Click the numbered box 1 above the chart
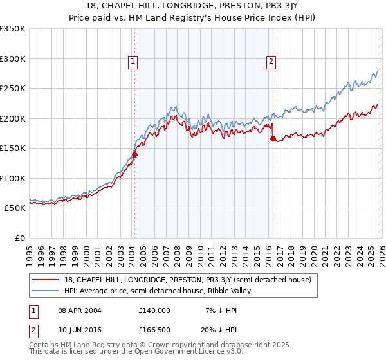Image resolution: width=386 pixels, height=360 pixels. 133,62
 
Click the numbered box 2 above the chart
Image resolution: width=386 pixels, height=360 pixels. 271,62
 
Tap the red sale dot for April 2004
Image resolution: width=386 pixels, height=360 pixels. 134,154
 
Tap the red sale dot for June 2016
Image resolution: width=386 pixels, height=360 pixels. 273,138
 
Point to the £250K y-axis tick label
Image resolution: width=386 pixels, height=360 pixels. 12,89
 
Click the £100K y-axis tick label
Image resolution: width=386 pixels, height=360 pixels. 12,178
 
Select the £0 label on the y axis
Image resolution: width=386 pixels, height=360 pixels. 20,238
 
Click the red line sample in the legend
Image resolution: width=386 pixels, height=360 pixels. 46,280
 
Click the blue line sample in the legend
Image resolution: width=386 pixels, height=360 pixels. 46,291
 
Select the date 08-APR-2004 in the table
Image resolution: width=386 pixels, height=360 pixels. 79,310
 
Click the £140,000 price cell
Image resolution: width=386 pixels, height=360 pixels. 154,310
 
